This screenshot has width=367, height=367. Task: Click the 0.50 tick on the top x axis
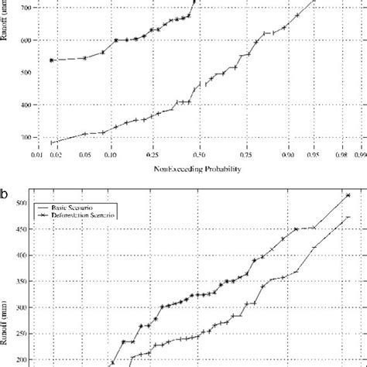coord(200,156)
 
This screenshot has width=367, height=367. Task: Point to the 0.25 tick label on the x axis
coord(153,156)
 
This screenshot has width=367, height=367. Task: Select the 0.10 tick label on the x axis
coord(110,156)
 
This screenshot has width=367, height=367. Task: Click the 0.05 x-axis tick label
coord(85,156)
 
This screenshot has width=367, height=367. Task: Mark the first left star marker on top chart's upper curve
coord(52,60)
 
